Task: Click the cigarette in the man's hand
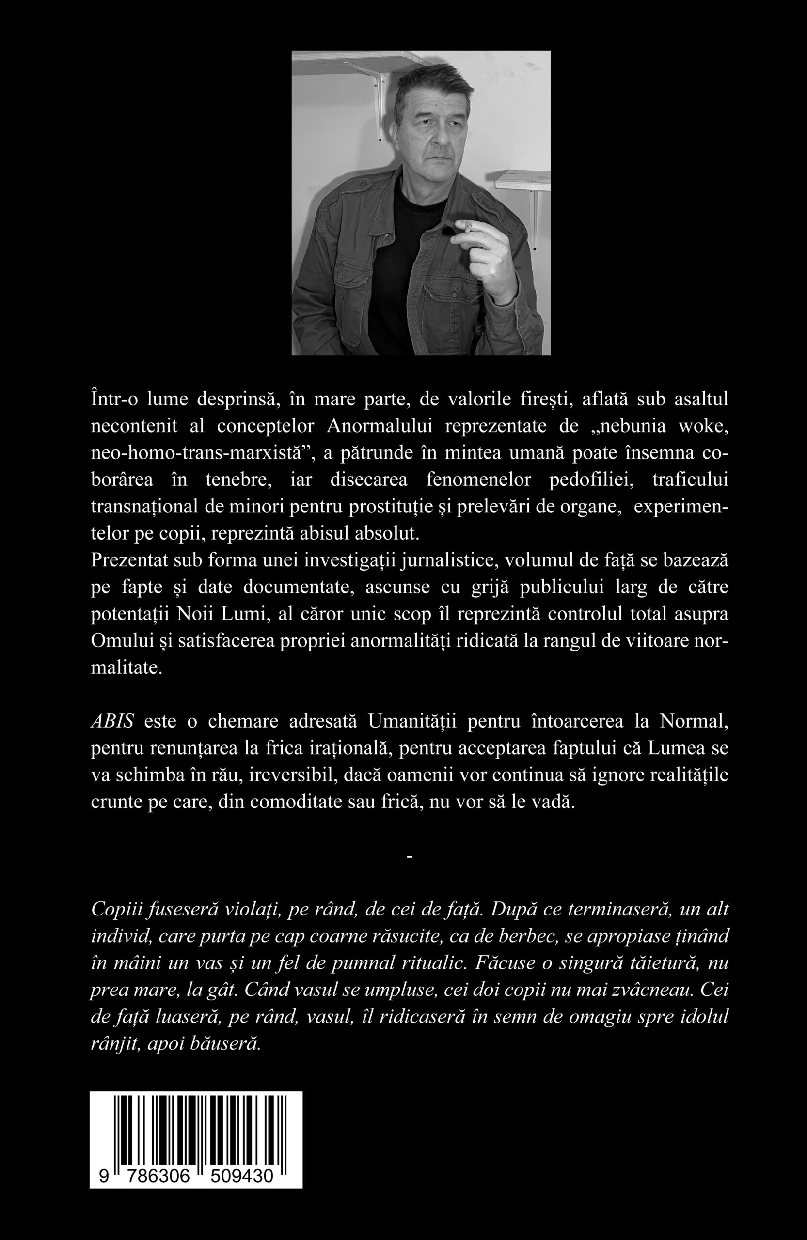tap(469, 228)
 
